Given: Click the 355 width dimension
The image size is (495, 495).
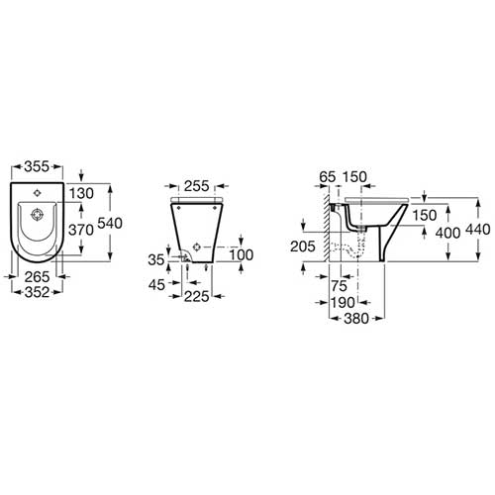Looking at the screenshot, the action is click(x=37, y=166).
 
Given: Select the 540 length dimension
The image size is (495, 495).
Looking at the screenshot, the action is click(x=110, y=223).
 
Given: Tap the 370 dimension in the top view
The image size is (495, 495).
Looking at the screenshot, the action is click(x=81, y=230).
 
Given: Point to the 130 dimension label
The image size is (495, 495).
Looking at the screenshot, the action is click(x=81, y=193).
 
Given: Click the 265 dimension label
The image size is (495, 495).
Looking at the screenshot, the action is click(x=37, y=277).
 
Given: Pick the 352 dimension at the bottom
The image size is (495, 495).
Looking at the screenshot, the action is click(x=37, y=292).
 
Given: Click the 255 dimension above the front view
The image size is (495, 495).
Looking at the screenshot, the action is click(x=197, y=186).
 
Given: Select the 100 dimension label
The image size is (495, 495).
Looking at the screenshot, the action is click(x=242, y=254).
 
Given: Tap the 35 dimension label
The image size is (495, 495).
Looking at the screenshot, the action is click(x=156, y=260).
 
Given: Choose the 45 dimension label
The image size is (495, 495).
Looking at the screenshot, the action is click(x=156, y=285).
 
